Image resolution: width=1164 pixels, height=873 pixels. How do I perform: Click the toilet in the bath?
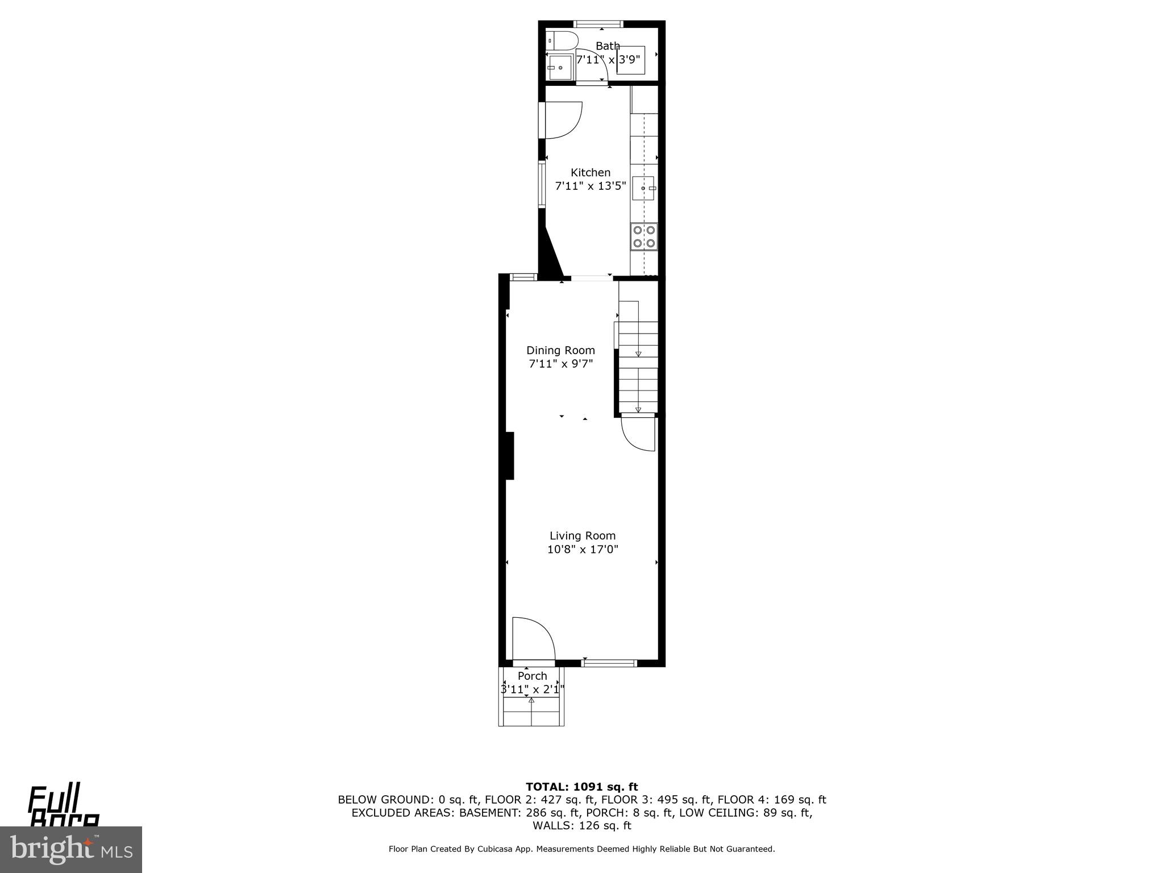coord(562,41)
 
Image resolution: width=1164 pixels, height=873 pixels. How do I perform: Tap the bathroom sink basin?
coord(560,68)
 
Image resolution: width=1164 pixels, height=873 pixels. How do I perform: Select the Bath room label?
coord(608,46)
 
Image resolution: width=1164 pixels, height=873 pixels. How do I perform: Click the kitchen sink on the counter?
coord(644,188)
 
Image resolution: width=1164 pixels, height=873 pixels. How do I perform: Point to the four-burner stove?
coord(644,236)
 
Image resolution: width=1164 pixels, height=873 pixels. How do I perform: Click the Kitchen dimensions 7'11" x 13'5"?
coord(591,186)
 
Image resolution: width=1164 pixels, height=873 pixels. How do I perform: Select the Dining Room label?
coord(560,350)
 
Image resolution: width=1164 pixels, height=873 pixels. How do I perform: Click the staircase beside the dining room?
coord(638,358)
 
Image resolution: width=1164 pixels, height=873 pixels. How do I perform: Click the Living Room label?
coord(583,535)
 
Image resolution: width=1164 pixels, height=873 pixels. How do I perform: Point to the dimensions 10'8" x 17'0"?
coord(583,550)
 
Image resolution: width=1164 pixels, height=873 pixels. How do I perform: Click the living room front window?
coord(609,663)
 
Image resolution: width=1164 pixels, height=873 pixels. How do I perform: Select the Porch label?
coord(533,676)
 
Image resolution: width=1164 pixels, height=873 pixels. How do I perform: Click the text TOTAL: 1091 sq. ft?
coord(581,787)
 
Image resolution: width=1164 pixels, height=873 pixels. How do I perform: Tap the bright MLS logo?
coord(70,849)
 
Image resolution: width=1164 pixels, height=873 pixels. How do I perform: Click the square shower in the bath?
coord(631,60)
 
